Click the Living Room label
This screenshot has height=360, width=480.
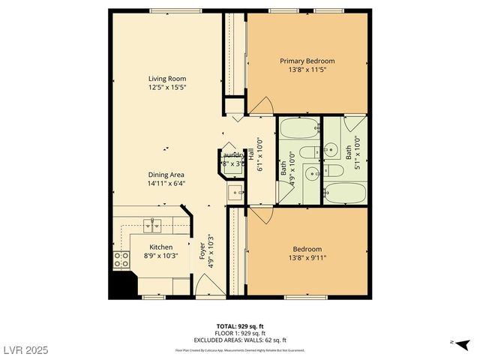coord(166,79)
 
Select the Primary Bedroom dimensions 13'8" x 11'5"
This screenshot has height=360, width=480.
coord(307,70)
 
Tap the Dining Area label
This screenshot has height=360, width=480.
coord(166,174)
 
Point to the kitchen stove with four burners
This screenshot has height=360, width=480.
coord(121,260)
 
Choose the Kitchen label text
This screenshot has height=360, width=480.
coord(160,247)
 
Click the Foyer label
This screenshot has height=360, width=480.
coord(202,250)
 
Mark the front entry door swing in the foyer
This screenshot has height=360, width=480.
coord(205,286)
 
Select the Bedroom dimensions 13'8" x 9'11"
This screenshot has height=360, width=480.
coord(307,258)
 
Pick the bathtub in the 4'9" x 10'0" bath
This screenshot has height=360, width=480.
coord(299,128)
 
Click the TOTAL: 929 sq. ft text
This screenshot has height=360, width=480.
coord(239,326)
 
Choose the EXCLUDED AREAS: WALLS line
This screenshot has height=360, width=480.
coord(239,340)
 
